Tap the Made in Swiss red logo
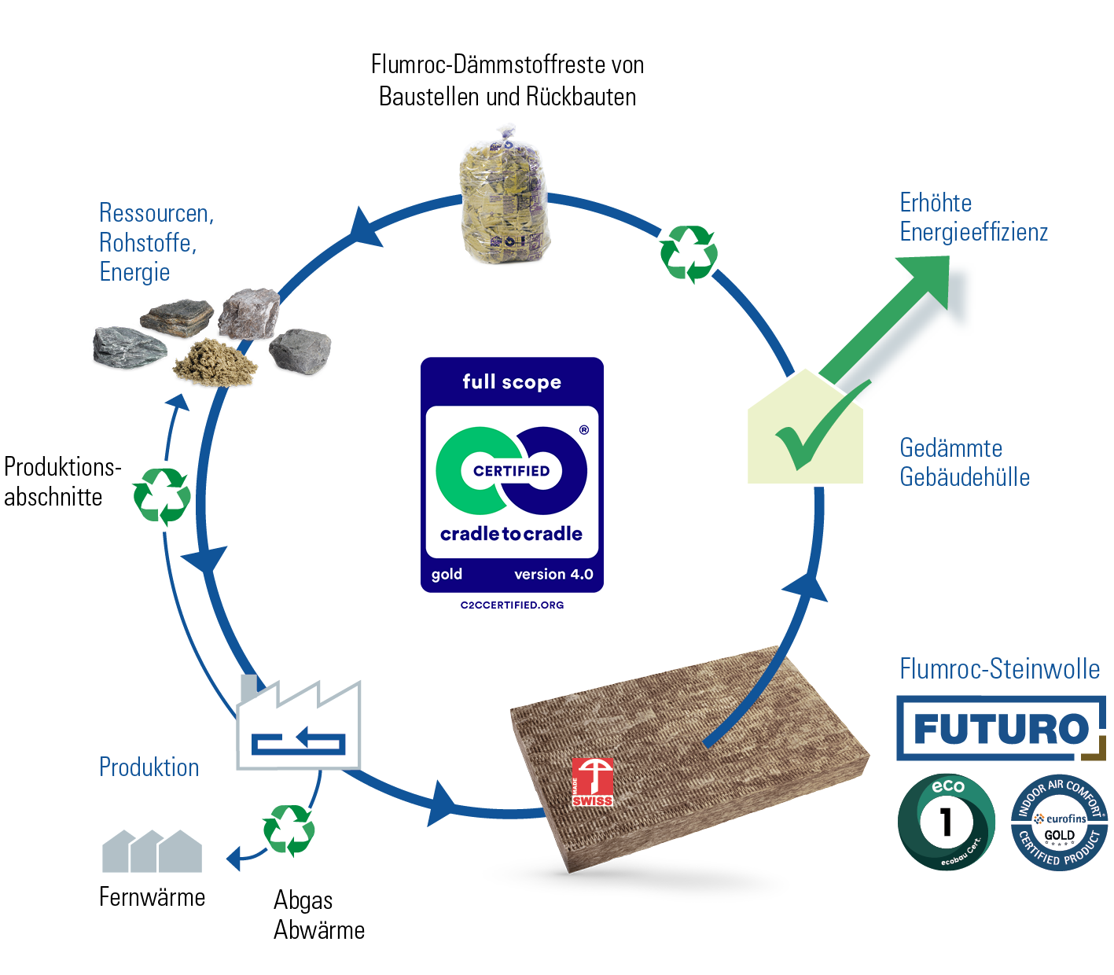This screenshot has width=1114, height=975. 592,782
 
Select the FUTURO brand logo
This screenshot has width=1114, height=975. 1000,728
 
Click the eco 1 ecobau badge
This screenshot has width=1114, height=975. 946,822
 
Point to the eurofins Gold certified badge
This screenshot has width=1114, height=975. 1059,822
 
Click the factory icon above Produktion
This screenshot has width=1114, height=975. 299,727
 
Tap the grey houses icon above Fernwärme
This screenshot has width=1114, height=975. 152,851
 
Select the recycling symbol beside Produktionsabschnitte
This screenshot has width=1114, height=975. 162,495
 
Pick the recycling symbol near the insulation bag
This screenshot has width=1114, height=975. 689,253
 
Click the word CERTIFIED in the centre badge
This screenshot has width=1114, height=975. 511,471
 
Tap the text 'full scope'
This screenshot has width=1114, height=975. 512,382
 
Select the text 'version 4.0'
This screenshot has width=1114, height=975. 553,575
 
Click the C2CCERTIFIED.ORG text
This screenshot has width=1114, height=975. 512,605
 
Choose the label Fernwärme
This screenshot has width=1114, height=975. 153,897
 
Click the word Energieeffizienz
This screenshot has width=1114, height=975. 973,232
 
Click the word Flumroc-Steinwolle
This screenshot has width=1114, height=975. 999,669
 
